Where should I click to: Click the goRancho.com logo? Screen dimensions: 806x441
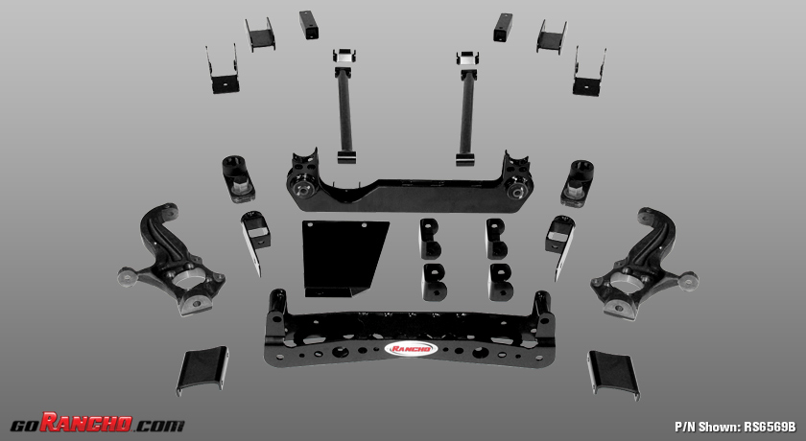point(97,423)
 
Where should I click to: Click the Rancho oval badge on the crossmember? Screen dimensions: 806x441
point(412,349)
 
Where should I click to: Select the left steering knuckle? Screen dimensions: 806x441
point(171,259)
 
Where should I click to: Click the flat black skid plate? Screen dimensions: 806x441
point(344,258)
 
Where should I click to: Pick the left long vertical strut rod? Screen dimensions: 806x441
point(344,106)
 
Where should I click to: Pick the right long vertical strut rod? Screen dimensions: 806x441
point(466,108)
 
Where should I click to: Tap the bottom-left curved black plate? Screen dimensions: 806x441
point(202,371)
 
